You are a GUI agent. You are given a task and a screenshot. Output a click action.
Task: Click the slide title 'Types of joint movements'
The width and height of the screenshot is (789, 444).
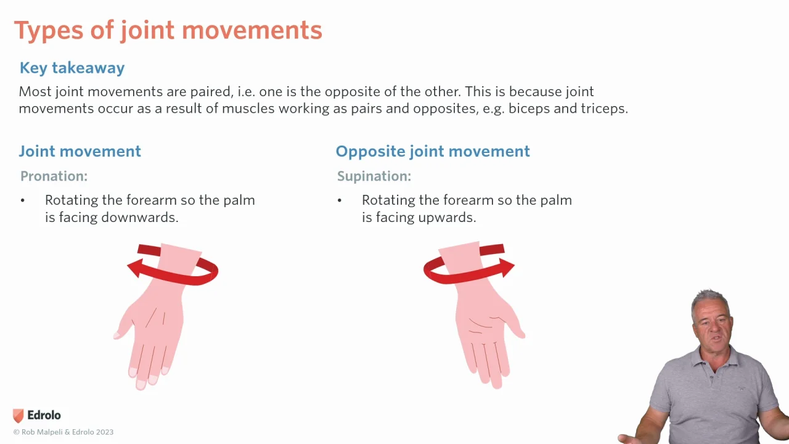pyautogui.click(x=168, y=31)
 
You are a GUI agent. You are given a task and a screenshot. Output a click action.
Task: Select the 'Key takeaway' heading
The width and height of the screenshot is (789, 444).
pyautogui.click(x=72, y=68)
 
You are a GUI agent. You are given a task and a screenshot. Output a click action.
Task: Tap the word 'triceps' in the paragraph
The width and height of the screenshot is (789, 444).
pyautogui.click(x=603, y=109)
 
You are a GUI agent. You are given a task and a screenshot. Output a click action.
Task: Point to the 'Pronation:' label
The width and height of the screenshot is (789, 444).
pyautogui.click(x=54, y=176)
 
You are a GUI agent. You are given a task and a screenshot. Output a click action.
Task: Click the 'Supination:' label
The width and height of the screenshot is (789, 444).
pyautogui.click(x=374, y=176)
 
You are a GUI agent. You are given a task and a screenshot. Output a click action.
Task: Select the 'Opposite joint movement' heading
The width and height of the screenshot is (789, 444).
pyautogui.click(x=433, y=152)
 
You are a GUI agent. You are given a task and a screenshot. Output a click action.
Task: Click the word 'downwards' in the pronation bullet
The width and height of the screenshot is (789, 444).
pyautogui.click(x=139, y=218)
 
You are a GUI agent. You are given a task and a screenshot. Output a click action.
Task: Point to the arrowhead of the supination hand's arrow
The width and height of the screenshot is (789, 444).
pyautogui.click(x=507, y=268)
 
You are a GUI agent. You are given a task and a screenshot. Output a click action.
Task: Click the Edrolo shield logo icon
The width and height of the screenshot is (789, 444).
pyautogui.click(x=18, y=416)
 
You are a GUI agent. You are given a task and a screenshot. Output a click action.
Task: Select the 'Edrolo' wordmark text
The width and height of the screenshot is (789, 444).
pyautogui.click(x=44, y=415)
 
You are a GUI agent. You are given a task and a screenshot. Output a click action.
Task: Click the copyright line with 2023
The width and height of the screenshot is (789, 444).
pyautogui.click(x=63, y=432)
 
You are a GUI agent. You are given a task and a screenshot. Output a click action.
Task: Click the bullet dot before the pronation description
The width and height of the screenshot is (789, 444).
pyautogui.click(x=23, y=200)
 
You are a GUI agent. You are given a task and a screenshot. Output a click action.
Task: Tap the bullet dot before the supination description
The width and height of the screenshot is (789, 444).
pyautogui.click(x=340, y=200)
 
